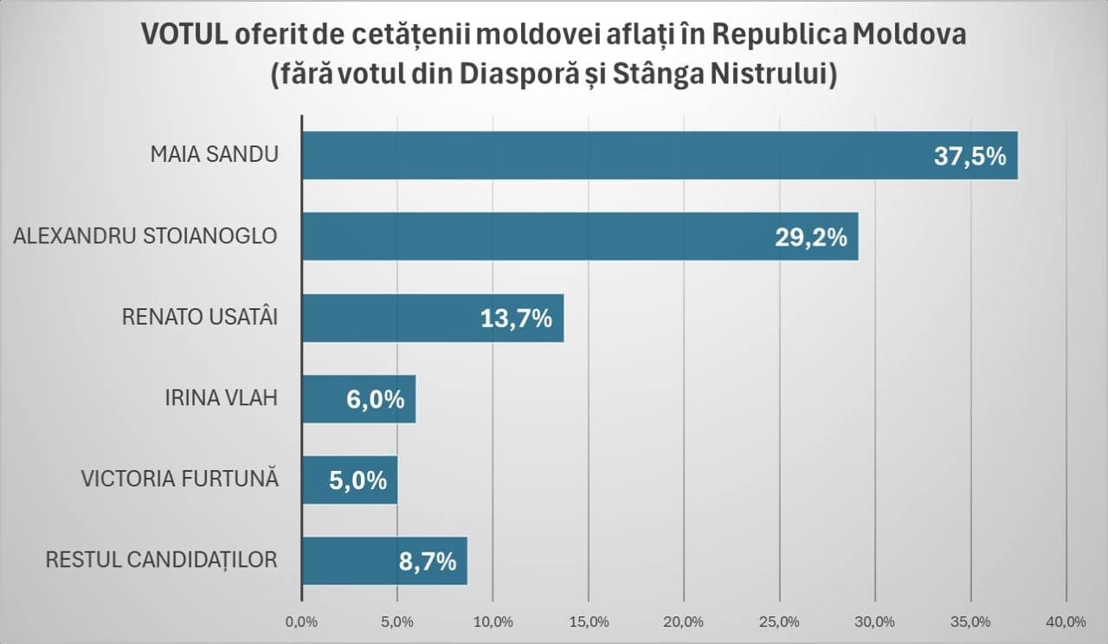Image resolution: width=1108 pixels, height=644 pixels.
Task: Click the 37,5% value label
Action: [x=969, y=157]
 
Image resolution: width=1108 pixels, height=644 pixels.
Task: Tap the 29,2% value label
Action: [x=810, y=237]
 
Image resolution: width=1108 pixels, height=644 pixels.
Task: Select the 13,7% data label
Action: [x=516, y=319]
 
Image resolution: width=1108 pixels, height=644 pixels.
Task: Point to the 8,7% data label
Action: [x=427, y=562]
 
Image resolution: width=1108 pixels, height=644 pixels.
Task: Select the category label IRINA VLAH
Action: [x=221, y=399]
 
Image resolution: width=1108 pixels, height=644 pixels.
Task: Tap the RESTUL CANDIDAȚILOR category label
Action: [x=161, y=560]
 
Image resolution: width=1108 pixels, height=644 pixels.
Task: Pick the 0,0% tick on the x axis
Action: [x=301, y=621]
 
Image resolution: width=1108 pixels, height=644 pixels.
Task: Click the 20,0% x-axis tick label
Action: [x=684, y=621]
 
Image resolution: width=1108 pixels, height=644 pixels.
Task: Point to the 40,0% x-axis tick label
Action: [x=1066, y=621]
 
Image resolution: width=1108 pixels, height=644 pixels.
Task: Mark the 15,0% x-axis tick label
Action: [x=588, y=621]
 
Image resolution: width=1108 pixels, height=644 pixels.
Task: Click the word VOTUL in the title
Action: [x=184, y=35]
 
